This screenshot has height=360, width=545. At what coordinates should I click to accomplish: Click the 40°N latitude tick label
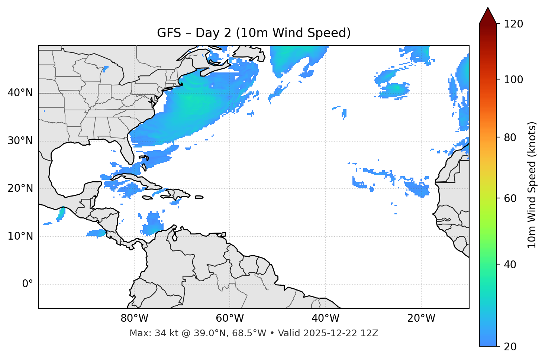(x=20, y=93)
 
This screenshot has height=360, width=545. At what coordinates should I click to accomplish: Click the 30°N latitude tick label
(x=20, y=141)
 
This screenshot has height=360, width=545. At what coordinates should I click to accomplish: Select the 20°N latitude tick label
(x=20, y=188)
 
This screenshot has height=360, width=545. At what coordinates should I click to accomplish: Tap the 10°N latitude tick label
(x=20, y=236)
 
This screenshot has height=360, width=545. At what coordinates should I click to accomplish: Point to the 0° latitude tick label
(x=27, y=284)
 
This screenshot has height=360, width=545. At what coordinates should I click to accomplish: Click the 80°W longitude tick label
(x=134, y=318)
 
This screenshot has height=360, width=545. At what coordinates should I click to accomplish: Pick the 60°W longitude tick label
(x=230, y=318)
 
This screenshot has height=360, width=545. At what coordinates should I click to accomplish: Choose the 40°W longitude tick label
(x=325, y=318)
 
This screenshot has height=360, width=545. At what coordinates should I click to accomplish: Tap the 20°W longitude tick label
(x=421, y=318)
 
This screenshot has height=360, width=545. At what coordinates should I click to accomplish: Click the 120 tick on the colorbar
(x=513, y=24)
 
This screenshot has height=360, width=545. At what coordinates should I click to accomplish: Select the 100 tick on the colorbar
(x=513, y=80)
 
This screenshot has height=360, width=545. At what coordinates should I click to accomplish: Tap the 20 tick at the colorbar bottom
(x=510, y=347)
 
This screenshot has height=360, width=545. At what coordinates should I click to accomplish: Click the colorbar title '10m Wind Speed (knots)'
(x=532, y=185)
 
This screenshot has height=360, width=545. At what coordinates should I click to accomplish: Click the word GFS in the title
(x=168, y=33)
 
